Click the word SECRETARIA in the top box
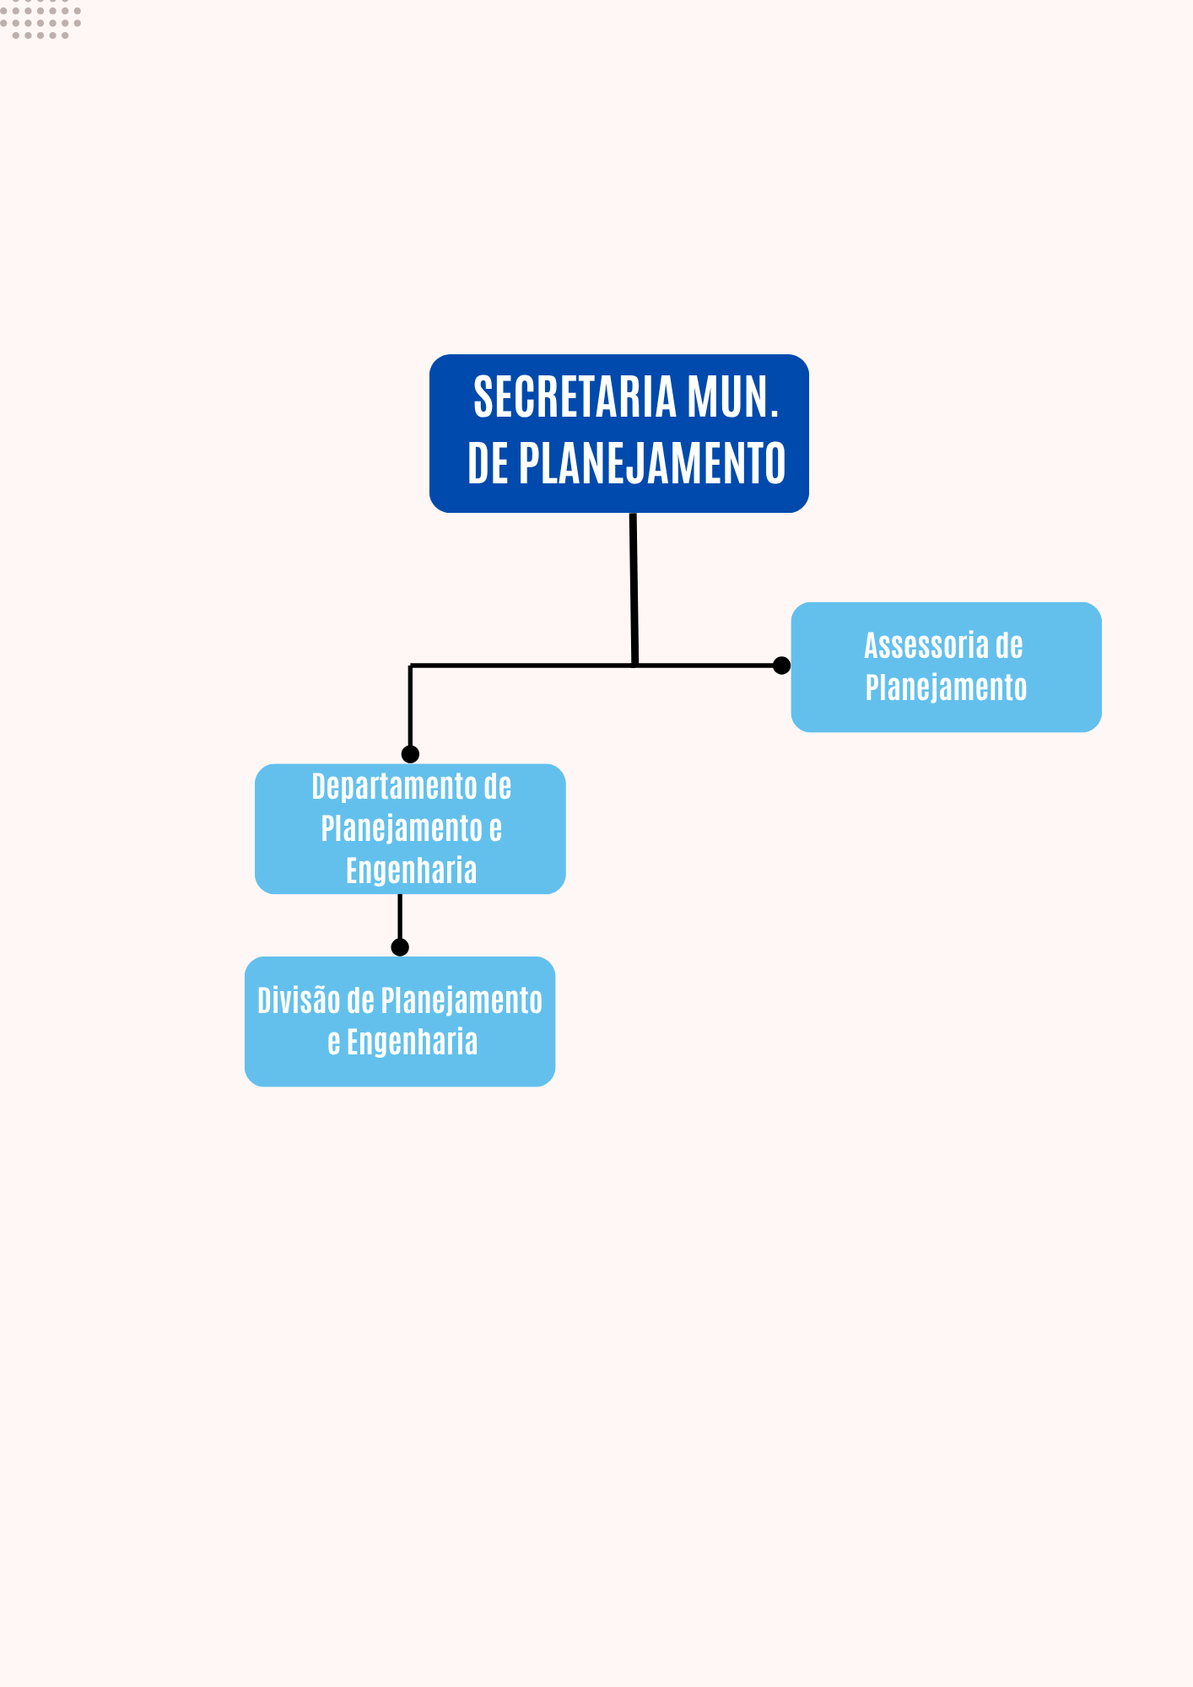pyautogui.click(x=575, y=396)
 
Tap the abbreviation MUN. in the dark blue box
pyautogui.click(x=731, y=396)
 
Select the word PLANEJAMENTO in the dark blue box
pyautogui.click(x=651, y=463)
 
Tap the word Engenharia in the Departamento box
pyautogui.click(x=411, y=870)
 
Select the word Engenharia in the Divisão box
pyautogui.click(x=412, y=1043)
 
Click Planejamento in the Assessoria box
pyautogui.click(x=946, y=687)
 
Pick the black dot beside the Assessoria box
pyautogui.click(x=781, y=666)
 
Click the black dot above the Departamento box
pyautogui.click(x=410, y=754)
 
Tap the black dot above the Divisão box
pyautogui.click(x=400, y=947)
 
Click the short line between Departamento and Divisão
pyautogui.click(x=400, y=916)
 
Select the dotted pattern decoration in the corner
pyautogui.click(x=40, y=20)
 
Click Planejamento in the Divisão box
pyautogui.click(x=461, y=1001)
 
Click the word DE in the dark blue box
pyautogui.click(x=488, y=463)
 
